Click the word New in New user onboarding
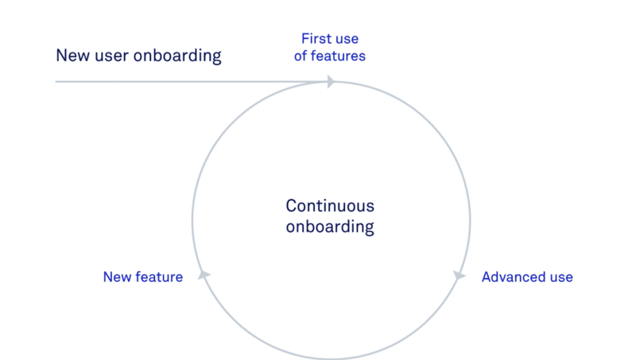pyautogui.click(x=71, y=56)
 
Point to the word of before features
pyautogui.click(x=301, y=56)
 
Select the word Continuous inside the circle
pyautogui.click(x=330, y=206)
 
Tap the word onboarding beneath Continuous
pyautogui.click(x=330, y=226)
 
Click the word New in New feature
pyautogui.click(x=117, y=277)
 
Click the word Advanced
pyautogui.click(x=512, y=277)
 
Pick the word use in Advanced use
pyautogui.click(x=559, y=277)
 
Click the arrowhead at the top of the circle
pyautogui.click(x=330, y=81)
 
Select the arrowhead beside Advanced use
pyautogui.click(x=459, y=276)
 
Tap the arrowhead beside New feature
pyautogui.click(x=204, y=275)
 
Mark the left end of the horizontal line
pyautogui.click(x=56, y=81)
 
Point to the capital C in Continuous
pyautogui.click(x=291, y=206)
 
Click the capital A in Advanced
pyautogui.click(x=487, y=277)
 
